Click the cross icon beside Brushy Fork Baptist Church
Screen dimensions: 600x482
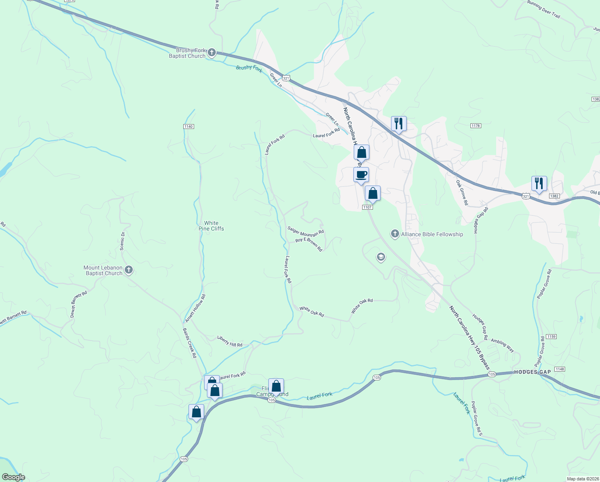tap(212, 53)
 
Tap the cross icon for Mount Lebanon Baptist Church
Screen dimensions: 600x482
tap(129, 270)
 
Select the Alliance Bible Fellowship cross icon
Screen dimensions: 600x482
tap(395, 234)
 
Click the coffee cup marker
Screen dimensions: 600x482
tap(361, 175)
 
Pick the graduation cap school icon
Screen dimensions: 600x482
tap(381, 257)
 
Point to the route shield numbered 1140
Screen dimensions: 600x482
tap(189, 127)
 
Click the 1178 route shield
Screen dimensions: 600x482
tap(476, 126)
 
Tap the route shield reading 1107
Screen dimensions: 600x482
tap(367, 207)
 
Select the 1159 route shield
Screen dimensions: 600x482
tap(551, 336)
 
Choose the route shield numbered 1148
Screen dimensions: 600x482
tap(559, 369)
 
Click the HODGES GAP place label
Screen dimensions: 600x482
tap(532, 372)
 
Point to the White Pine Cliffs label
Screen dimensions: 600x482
tap(211, 226)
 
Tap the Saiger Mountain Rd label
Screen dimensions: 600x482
tap(306, 231)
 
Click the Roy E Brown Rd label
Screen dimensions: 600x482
tap(309, 244)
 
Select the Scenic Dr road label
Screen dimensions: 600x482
tap(123, 241)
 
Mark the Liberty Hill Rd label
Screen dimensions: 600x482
tap(230, 341)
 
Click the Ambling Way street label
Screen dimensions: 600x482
tap(502, 345)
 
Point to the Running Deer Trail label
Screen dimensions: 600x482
tap(543, 9)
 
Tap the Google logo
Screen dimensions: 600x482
tap(13, 477)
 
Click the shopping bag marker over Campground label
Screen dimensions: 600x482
tap(276, 386)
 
